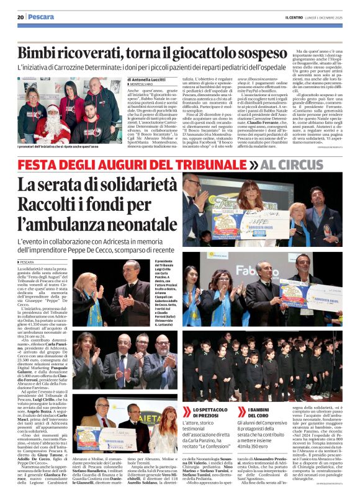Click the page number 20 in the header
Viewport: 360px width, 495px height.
tap(20, 17)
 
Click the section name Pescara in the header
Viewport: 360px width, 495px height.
tap(42, 17)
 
